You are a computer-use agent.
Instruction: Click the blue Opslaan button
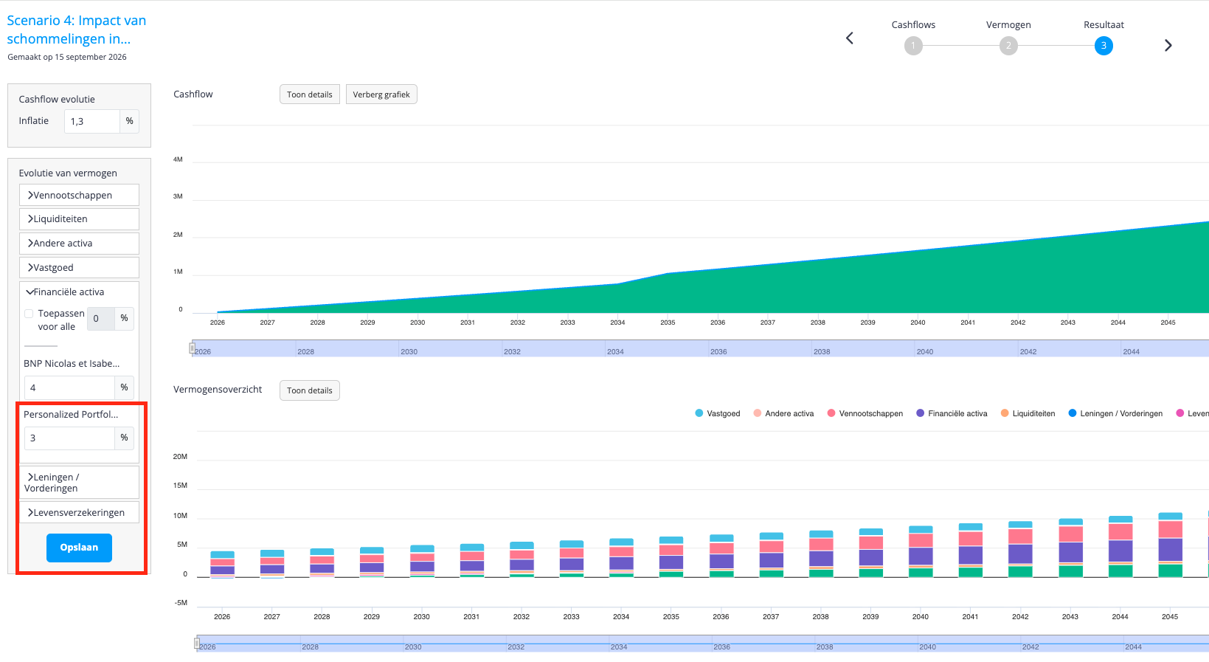(80, 548)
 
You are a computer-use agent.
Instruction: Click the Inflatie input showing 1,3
(91, 122)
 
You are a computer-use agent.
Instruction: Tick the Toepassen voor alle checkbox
(30, 314)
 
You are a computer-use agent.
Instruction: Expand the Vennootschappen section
(80, 195)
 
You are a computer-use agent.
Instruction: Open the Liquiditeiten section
(80, 218)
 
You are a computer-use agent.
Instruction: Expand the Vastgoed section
(80, 267)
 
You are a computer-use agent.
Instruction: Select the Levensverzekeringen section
(80, 512)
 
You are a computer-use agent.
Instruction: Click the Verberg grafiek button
(381, 94)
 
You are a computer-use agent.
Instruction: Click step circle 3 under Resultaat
(1104, 46)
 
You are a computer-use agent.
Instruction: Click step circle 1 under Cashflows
(913, 46)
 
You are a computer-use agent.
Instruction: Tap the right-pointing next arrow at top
(1168, 45)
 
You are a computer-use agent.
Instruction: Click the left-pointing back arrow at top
(850, 38)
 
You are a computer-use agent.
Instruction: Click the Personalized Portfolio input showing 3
(69, 438)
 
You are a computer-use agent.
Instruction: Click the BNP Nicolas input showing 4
(69, 387)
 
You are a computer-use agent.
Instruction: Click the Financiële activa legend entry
(952, 413)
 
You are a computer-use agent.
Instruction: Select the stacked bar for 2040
(921, 552)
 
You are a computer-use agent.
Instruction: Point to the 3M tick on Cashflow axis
(178, 196)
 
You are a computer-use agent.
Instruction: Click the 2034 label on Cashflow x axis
(617, 323)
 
